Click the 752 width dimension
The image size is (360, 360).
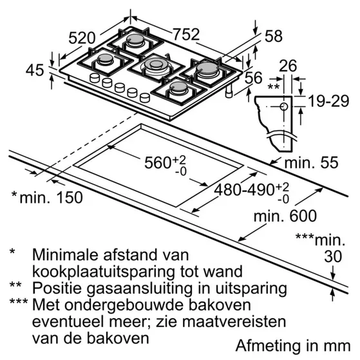coord(186,34)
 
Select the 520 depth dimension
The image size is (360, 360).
coord(82,38)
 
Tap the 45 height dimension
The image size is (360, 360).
coord(34,70)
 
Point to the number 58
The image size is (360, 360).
coord(274,36)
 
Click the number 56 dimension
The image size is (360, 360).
coord(254,77)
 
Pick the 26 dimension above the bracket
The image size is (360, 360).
coord(288,66)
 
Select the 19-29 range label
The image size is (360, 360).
coord(328,101)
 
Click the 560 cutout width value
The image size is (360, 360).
coord(158,162)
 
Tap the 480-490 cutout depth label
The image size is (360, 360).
coord(244,190)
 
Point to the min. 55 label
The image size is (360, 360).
coord(311,162)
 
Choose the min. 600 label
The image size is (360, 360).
coord(285,216)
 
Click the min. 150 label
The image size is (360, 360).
coord(51,198)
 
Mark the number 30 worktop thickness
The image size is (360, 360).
coord(333,256)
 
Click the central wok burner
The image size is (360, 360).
coord(156,66)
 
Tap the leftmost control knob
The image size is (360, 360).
coord(95,78)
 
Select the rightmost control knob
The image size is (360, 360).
coord(145,98)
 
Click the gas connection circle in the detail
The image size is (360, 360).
coord(284,106)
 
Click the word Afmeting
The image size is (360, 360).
coord(267,346)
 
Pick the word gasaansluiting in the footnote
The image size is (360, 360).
coord(139,289)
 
